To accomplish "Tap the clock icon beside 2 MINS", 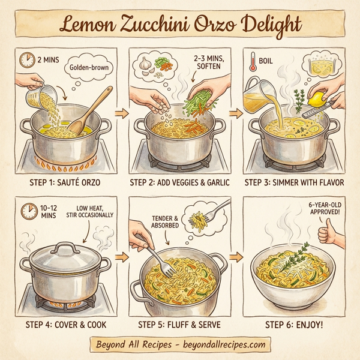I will [x=26, y=60].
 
